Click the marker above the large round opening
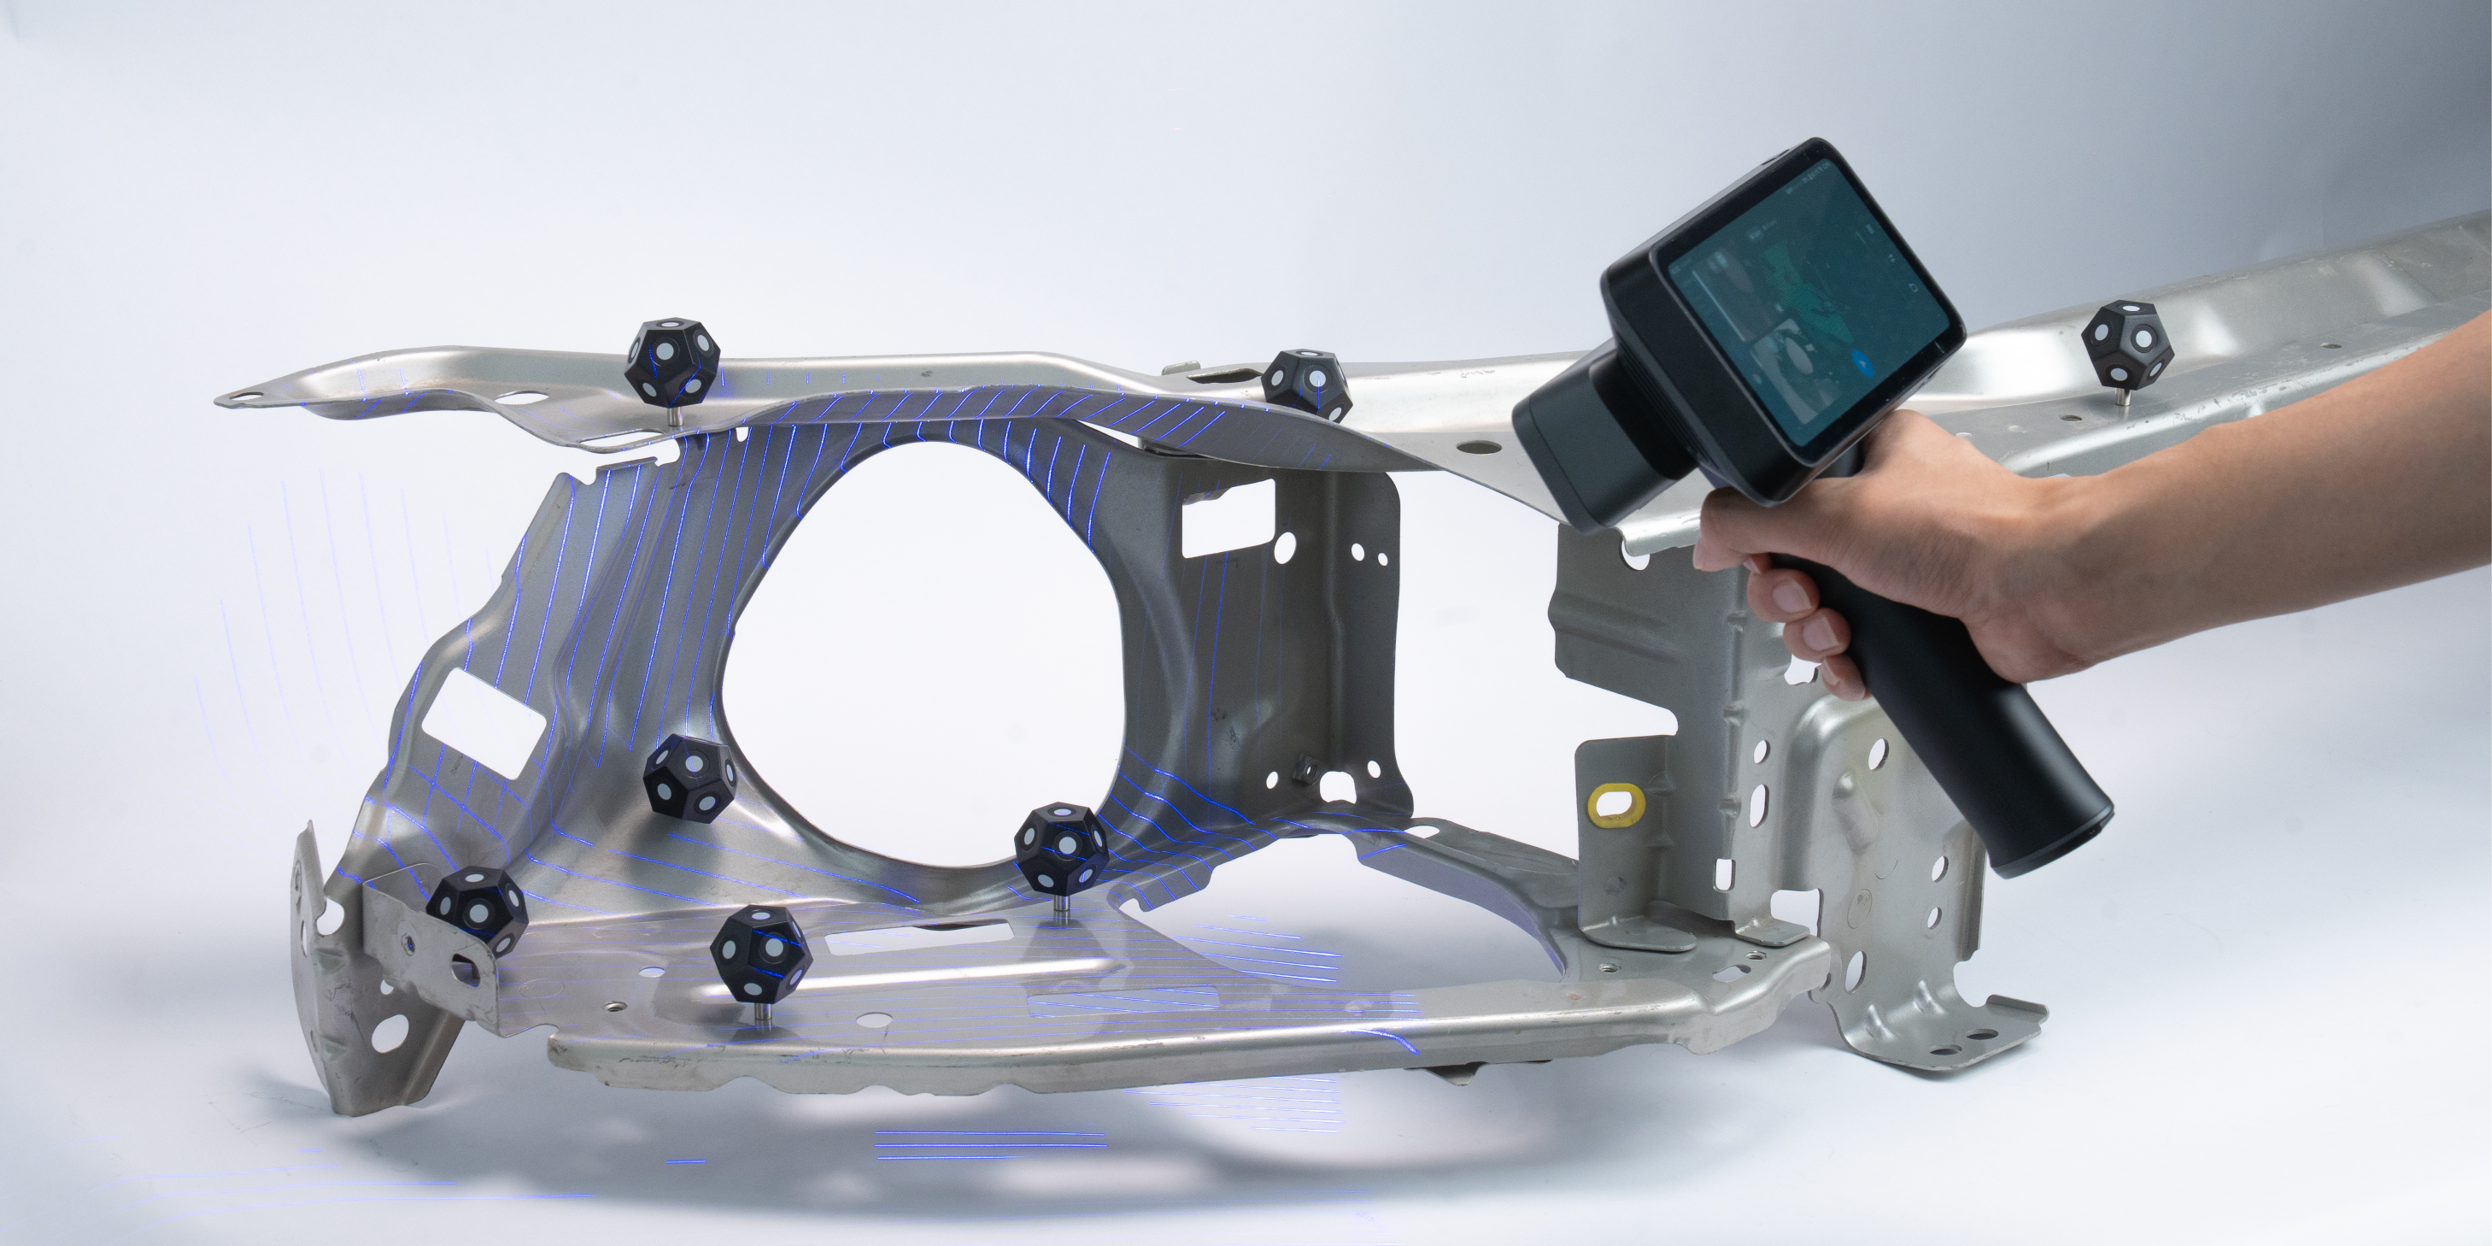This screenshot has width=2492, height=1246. [1306, 385]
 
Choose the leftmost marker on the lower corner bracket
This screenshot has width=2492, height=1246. [478, 908]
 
